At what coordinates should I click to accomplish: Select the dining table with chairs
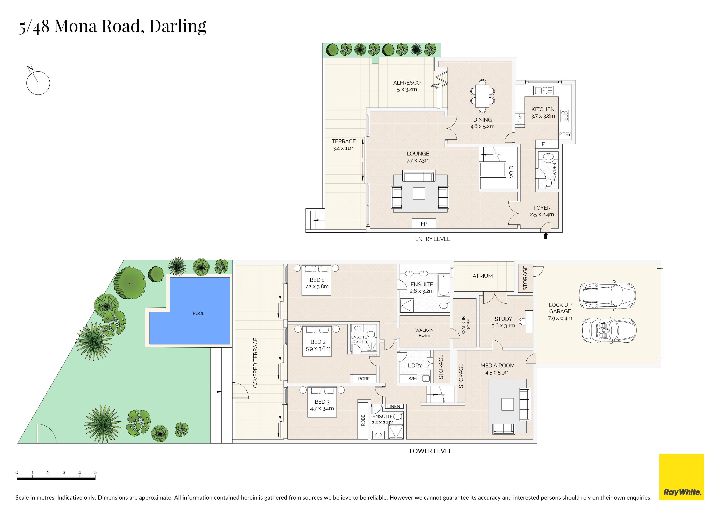coord(483,96)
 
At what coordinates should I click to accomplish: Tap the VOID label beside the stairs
coord(511,172)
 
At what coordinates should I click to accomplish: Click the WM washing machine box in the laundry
coord(413,378)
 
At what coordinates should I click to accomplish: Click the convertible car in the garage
coord(609,330)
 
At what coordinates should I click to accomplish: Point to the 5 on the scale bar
coord(95,472)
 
